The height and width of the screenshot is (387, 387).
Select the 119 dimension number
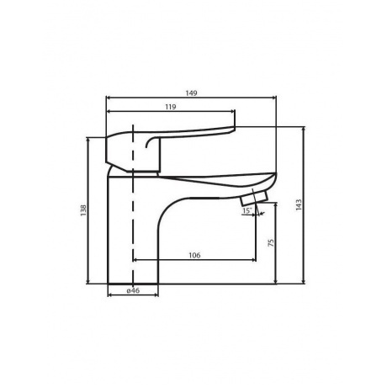coord(172,107)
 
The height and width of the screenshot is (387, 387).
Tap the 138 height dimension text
coord(82,212)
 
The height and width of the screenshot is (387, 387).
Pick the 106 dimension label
coord(193,256)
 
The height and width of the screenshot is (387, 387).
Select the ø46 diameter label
coord(132,290)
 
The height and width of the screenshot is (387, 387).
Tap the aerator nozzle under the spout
coord(252,199)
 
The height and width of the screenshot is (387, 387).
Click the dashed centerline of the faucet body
coord(132,227)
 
